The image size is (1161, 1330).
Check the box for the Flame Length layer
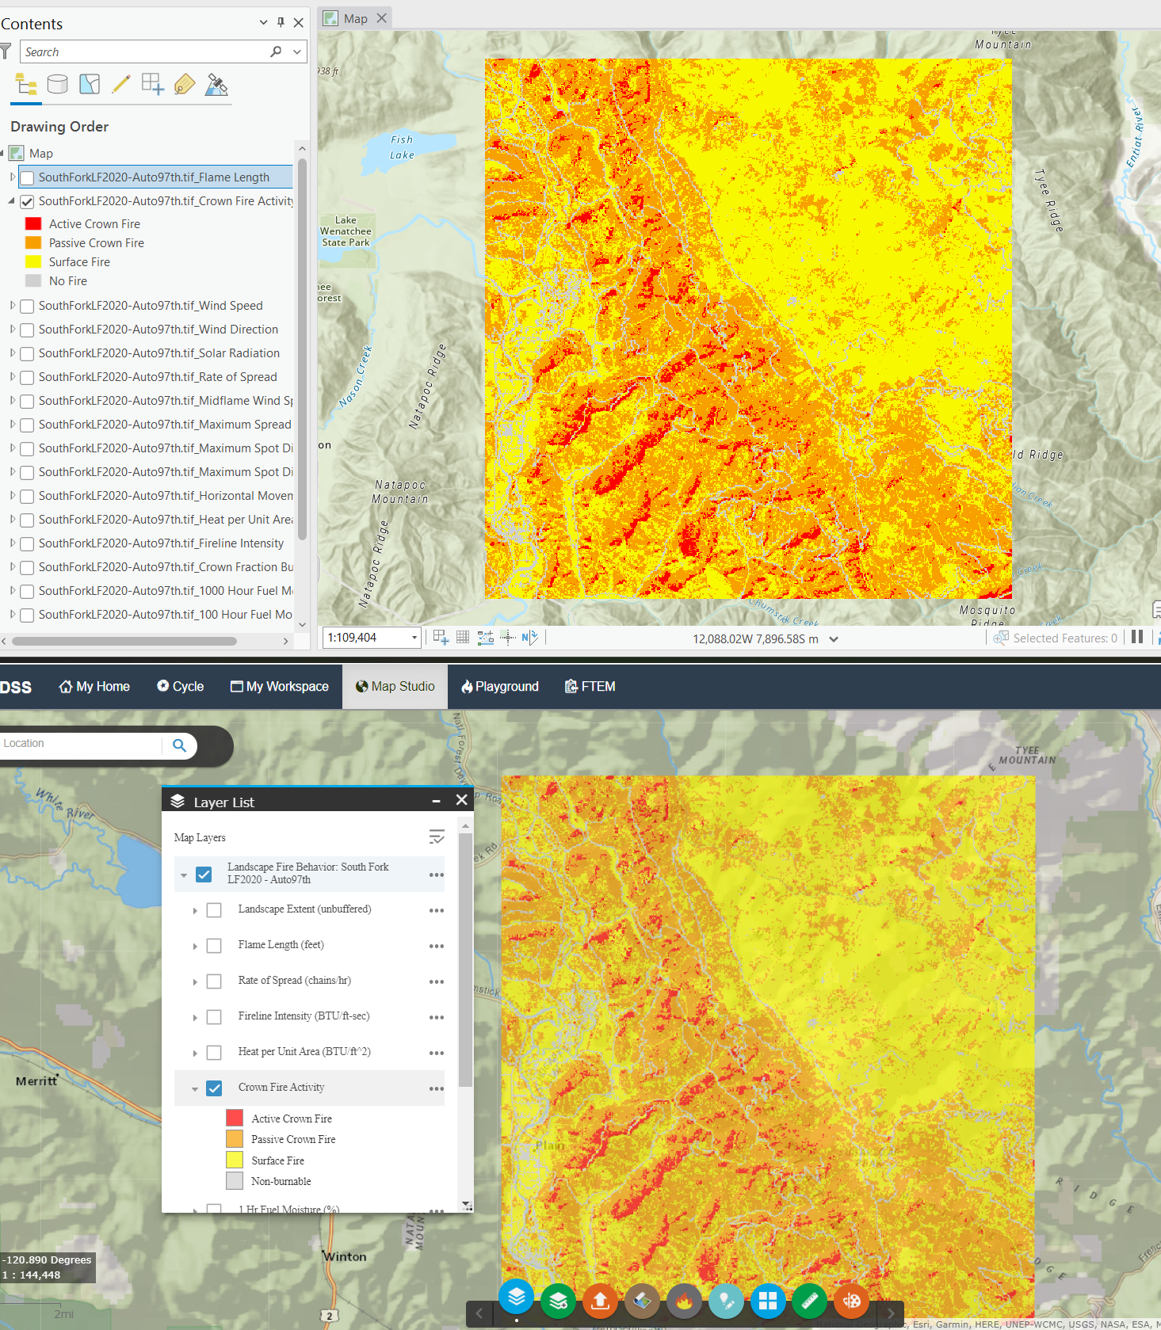pos(27,177)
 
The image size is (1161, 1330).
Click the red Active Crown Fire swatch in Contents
pos(33,224)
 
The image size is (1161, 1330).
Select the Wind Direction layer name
pos(158,330)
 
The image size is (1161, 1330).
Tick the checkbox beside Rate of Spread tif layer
pos(27,378)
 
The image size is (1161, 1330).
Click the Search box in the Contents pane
pos(147,52)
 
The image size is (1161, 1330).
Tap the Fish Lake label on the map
pos(402,147)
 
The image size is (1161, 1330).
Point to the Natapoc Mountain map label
pos(400,492)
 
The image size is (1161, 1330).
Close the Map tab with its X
pos(382,18)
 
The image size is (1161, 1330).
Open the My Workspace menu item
pos(279,687)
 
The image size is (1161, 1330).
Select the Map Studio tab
pos(395,687)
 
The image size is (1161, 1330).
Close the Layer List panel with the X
pos(462,801)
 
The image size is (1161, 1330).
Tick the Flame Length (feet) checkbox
pos(214,946)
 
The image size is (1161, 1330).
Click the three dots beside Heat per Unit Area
pos(437,1053)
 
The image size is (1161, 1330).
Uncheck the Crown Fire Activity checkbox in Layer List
pos(214,1088)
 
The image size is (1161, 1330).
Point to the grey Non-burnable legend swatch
pos(235,1181)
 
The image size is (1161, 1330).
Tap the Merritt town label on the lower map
pos(36,1081)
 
